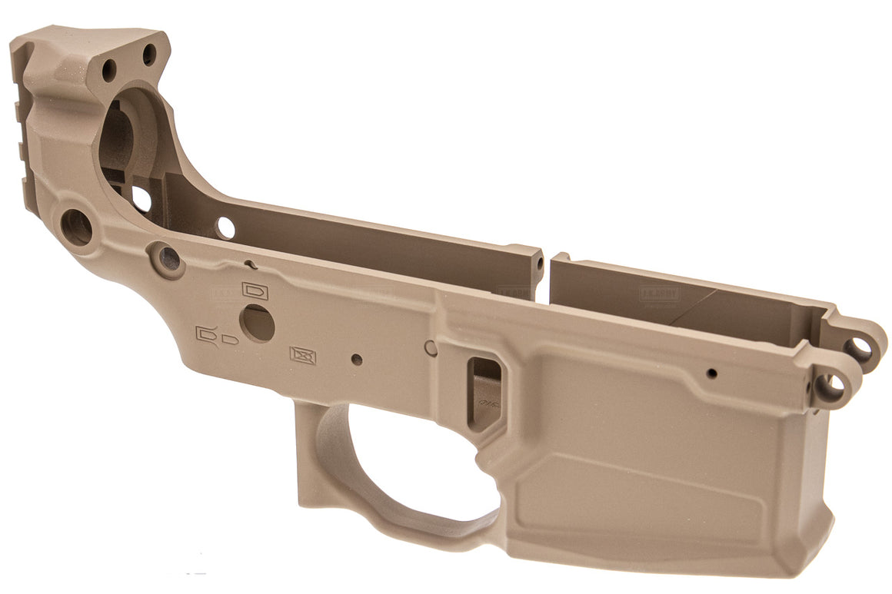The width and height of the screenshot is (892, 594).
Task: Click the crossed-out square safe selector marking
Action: click(x=303, y=354)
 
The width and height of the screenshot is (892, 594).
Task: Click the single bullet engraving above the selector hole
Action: click(x=254, y=290)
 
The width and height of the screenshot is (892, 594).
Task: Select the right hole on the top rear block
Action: click(x=148, y=54)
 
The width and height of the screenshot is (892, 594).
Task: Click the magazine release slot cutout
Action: click(x=486, y=392)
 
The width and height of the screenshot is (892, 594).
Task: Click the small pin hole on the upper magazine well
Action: click(x=712, y=373)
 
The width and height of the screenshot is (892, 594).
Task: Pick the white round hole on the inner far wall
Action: click(x=225, y=227)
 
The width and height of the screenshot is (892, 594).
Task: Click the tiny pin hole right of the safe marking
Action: click(x=356, y=358)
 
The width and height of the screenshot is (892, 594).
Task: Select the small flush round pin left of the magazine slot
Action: click(x=432, y=347)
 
